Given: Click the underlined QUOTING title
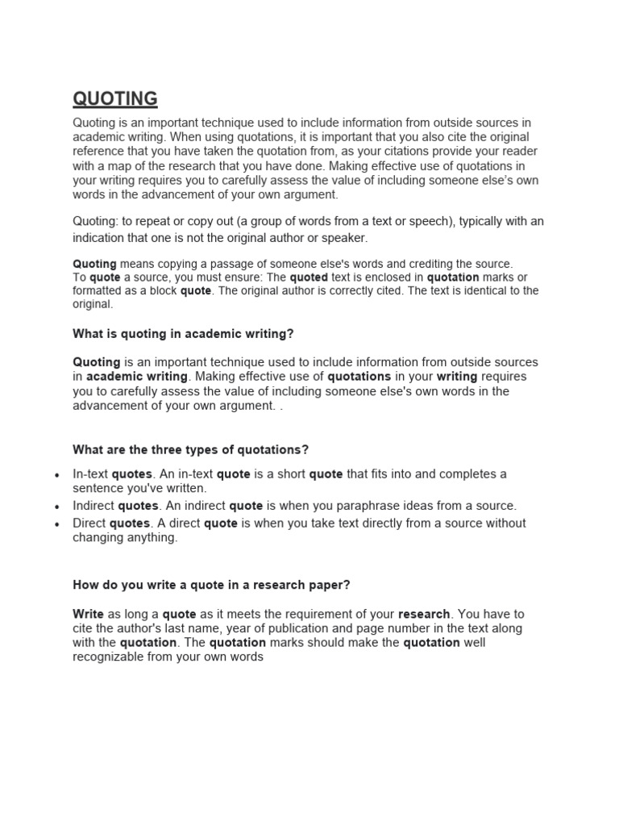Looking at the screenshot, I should pos(115,99).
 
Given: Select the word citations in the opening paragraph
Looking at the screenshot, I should pos(416,152).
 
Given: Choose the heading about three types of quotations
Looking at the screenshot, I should pos(191,449).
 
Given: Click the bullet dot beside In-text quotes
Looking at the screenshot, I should pos(56,475).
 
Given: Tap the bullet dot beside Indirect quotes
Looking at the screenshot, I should pos(56,507).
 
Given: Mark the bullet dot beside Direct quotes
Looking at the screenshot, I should pos(56,524).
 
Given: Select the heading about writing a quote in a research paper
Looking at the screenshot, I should pos(211,585).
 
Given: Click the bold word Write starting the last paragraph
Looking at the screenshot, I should pos(89,614).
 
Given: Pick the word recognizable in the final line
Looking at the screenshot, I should pos(110,657).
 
